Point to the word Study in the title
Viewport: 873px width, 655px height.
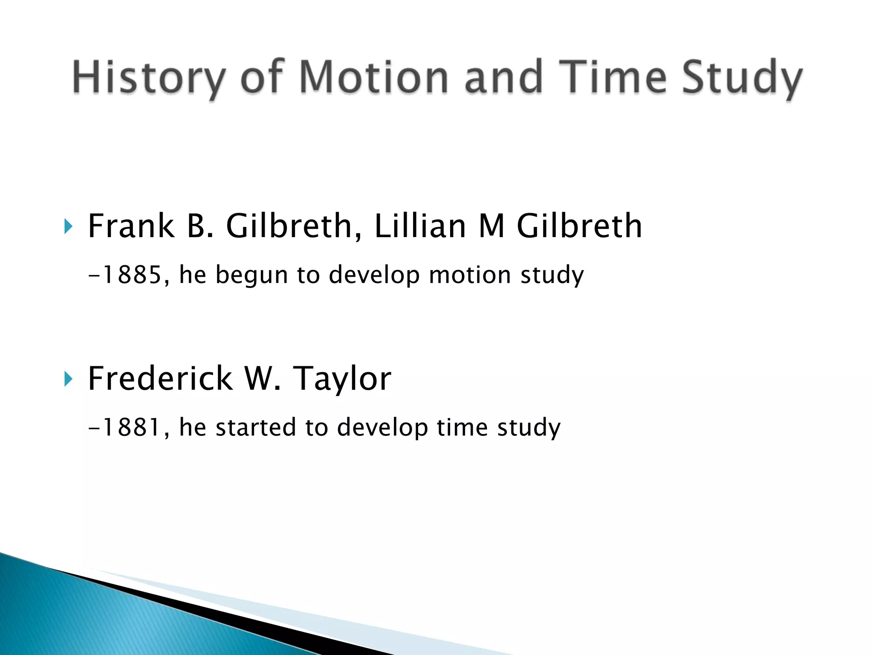(x=742, y=78)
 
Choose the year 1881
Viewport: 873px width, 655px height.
(x=131, y=427)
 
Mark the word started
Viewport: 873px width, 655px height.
(x=255, y=427)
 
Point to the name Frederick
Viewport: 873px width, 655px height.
(x=160, y=378)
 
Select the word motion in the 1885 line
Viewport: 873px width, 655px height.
(x=469, y=275)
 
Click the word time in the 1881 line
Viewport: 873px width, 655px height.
(x=462, y=427)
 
